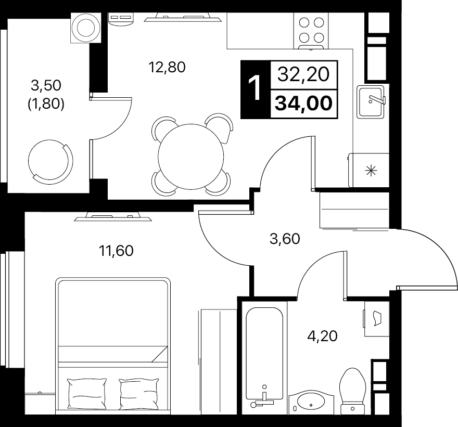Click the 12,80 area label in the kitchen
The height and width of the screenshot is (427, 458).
pyautogui.click(x=167, y=67)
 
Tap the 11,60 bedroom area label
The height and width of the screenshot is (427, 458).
pyautogui.click(x=116, y=250)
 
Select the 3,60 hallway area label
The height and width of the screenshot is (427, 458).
pyautogui.click(x=285, y=239)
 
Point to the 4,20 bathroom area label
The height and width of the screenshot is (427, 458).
pyautogui.click(x=322, y=336)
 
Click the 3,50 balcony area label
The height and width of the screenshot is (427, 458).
pyautogui.click(x=46, y=85)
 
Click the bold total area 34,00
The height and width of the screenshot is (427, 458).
pyautogui.click(x=304, y=103)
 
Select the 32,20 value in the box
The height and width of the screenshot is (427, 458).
pyautogui.click(x=303, y=74)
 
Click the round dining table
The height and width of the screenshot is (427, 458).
pyautogui.click(x=190, y=157)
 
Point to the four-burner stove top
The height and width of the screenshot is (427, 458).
pyautogui.click(x=311, y=30)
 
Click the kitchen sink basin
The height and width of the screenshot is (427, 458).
pyautogui.click(x=371, y=101)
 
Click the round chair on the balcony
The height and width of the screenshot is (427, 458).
pyautogui.click(x=50, y=161)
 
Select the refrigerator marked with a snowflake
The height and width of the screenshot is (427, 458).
pyautogui.click(x=368, y=170)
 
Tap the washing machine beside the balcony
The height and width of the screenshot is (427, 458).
pyautogui.click(x=86, y=28)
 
